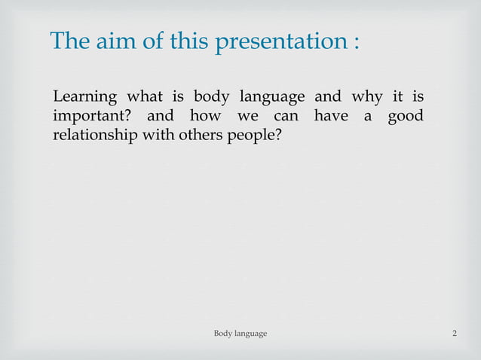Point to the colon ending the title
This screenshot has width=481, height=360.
354,42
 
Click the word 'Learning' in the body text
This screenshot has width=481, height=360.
84,98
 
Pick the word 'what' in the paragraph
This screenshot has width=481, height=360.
150,98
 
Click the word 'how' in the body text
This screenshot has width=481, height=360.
205,117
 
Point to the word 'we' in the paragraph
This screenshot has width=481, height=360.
248,118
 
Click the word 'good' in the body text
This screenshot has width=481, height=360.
405,118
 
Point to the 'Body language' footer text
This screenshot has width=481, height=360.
240,333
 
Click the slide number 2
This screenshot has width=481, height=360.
454,333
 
